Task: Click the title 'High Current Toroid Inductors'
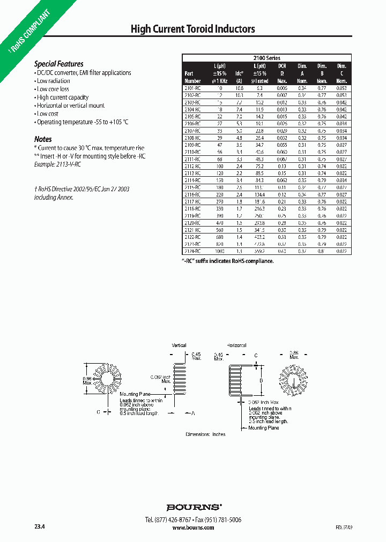(193, 29)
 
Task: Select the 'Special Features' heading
(59, 64)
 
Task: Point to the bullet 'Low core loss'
(53, 89)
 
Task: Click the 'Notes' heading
(43, 139)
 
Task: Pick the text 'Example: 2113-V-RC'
(57, 164)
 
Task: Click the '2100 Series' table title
(266, 58)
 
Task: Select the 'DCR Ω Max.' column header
(282, 73)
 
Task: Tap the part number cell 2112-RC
(192, 166)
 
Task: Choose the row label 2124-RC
(192, 251)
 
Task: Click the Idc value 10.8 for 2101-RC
(240, 87)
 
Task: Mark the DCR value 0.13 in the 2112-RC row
(282, 166)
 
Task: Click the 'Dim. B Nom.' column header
(322, 73)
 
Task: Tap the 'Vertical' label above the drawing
(179, 345)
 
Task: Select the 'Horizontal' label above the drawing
(237, 345)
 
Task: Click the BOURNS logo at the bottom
(194, 507)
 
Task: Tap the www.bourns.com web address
(194, 528)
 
